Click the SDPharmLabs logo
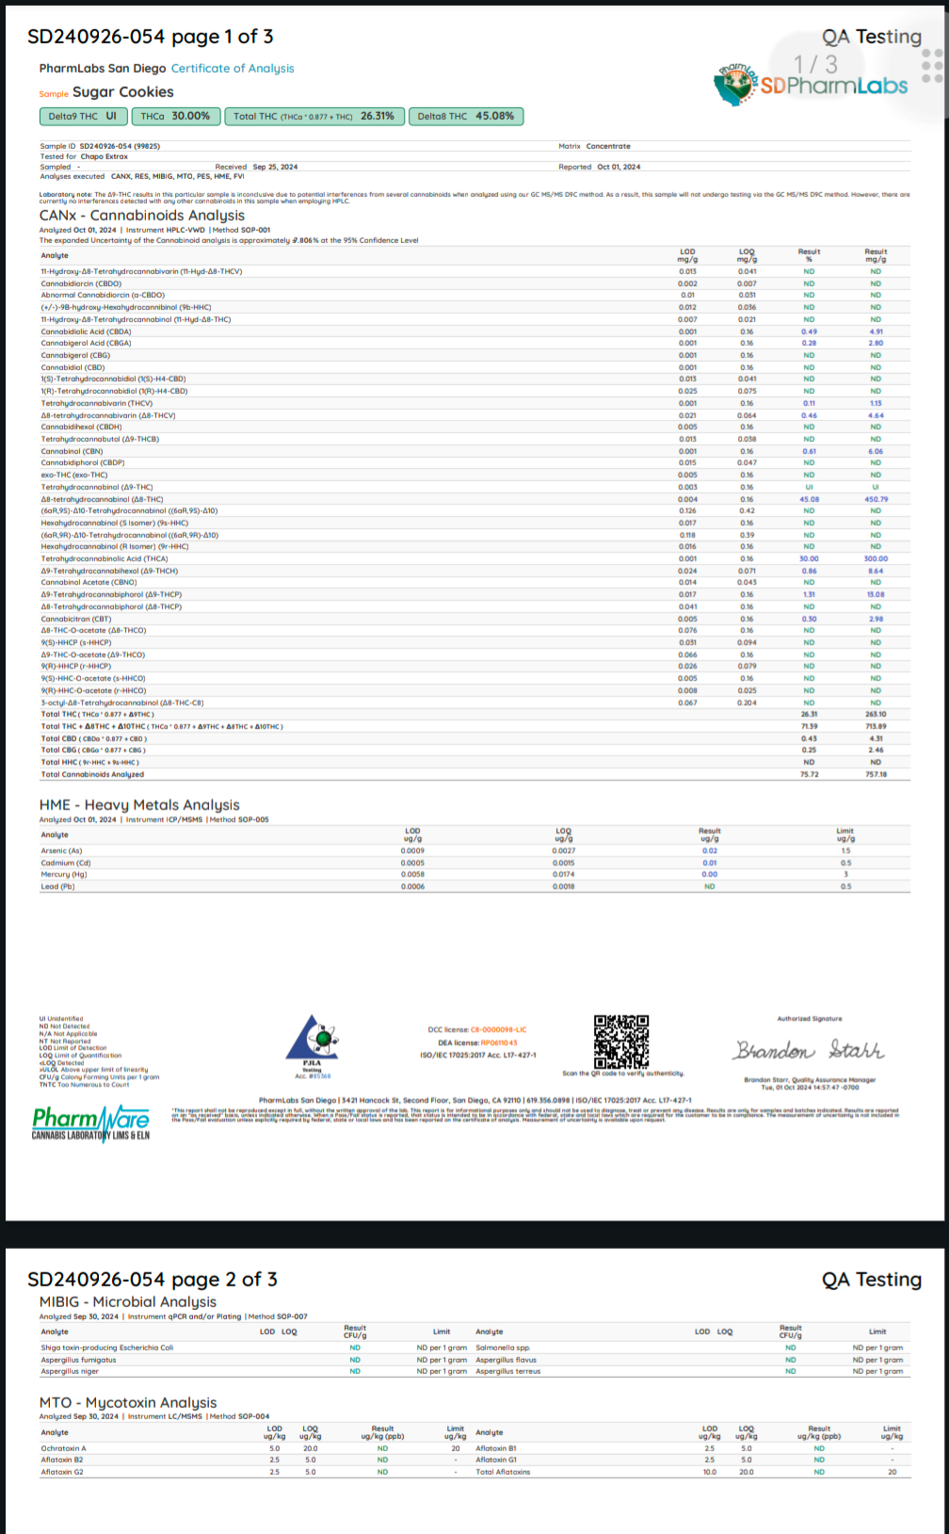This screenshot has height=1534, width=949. (x=812, y=84)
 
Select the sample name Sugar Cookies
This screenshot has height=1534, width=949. (x=122, y=92)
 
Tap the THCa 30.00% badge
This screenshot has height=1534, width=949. (x=175, y=116)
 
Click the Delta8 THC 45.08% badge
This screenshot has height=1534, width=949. (x=466, y=116)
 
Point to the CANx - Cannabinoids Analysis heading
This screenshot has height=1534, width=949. (x=141, y=216)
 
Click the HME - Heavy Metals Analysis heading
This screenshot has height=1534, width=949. (x=139, y=805)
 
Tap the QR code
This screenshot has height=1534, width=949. (x=621, y=1041)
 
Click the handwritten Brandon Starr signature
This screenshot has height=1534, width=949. (x=810, y=1050)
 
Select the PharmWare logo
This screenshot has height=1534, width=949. (x=90, y=1122)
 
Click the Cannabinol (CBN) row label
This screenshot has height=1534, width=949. (x=72, y=451)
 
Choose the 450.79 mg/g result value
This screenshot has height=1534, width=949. (x=876, y=499)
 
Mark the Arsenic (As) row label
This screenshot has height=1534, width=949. (x=61, y=850)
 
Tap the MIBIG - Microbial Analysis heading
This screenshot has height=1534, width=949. (x=128, y=1301)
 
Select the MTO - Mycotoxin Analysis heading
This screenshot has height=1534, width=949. (x=128, y=1402)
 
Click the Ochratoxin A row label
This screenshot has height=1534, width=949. (x=63, y=1448)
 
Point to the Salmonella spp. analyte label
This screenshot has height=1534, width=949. (x=503, y=1348)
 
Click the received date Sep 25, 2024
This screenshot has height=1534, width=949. (x=275, y=167)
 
